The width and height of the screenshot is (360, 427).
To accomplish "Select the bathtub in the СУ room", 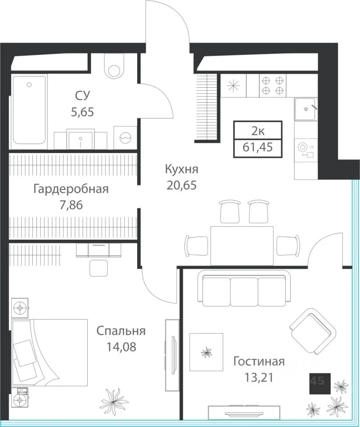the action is (x=29, y=110).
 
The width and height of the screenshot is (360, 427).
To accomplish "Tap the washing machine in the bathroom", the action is (x=125, y=138).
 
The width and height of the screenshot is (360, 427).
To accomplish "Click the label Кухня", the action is (x=182, y=169).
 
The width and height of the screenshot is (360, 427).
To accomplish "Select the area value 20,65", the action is (x=182, y=185).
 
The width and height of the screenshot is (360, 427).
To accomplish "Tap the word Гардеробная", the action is (x=71, y=189).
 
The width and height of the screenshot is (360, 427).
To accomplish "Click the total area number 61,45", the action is (x=257, y=147).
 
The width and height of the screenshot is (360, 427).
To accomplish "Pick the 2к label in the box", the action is (x=257, y=131).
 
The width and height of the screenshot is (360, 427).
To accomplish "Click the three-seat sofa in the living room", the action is (x=244, y=288).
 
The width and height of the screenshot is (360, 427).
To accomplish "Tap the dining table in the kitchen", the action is (x=242, y=246).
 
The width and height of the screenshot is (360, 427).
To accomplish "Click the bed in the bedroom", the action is (x=49, y=353).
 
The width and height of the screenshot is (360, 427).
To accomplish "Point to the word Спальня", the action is (x=121, y=331).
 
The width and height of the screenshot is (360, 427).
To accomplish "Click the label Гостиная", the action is (x=259, y=362).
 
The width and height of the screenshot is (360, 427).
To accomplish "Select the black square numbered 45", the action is (x=320, y=384).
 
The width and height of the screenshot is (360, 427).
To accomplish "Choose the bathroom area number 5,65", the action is (x=82, y=112).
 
